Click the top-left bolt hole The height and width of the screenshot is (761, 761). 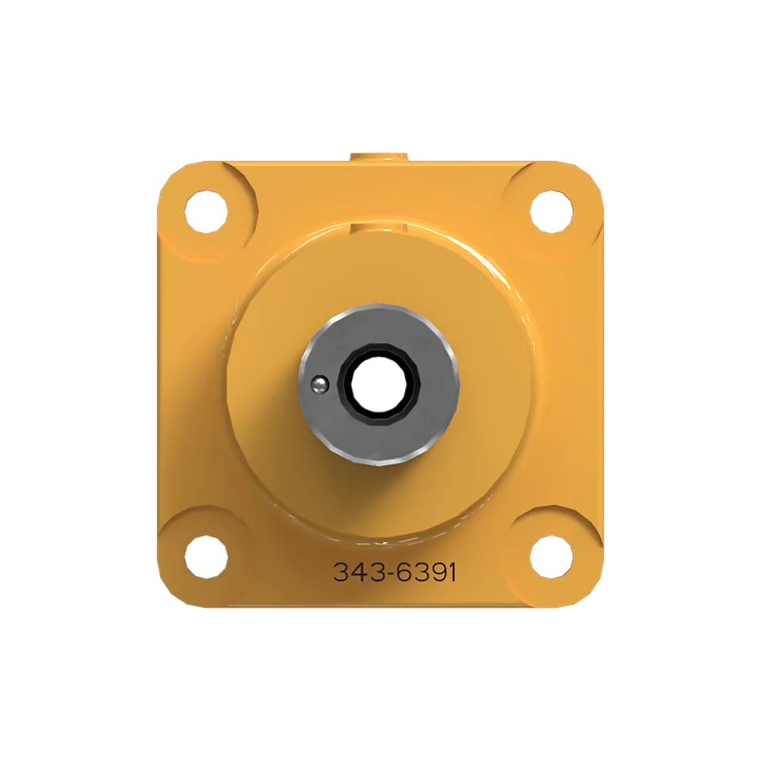206,212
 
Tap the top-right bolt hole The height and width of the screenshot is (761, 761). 552,212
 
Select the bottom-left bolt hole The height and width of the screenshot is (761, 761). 206,557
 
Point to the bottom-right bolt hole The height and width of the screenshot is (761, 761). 552,557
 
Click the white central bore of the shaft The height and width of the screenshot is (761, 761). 379,384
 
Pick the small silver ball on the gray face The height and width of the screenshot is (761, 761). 319,385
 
